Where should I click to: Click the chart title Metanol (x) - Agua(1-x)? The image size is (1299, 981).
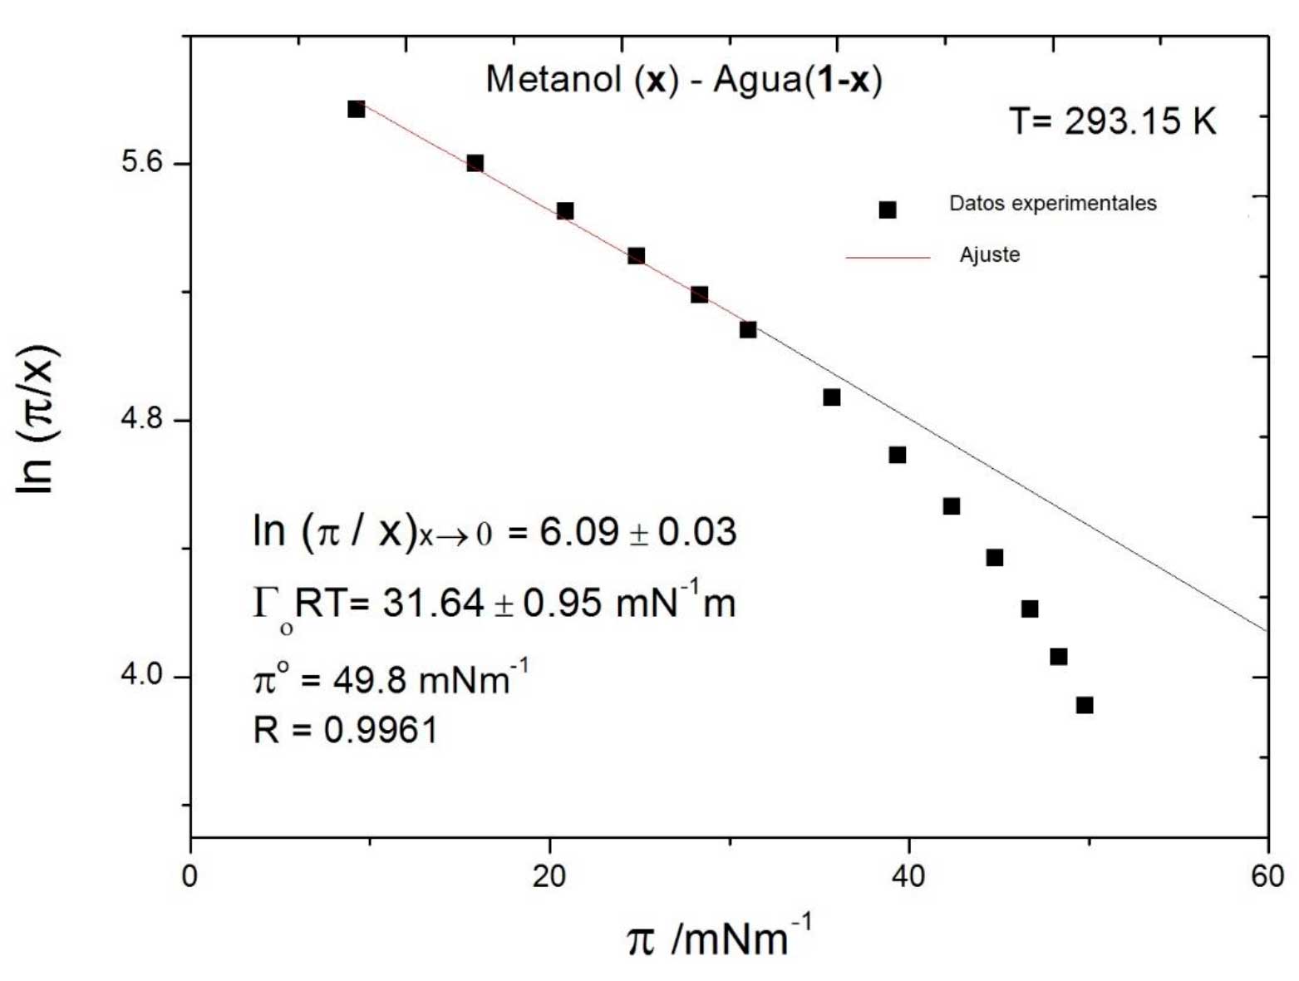click(683, 81)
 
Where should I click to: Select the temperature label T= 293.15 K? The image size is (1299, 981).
click(1113, 122)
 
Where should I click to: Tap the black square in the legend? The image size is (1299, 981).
click(888, 210)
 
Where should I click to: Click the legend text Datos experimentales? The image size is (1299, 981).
click(1052, 204)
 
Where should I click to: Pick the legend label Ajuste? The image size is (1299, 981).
click(989, 255)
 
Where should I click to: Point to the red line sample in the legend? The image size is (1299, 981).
click(888, 258)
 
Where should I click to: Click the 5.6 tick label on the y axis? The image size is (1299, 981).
click(142, 162)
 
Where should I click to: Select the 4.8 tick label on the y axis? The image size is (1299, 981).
click(142, 419)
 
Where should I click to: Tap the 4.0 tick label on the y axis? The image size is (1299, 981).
click(142, 676)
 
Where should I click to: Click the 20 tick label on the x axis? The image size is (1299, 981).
click(549, 876)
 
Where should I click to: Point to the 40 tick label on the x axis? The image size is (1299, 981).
click(908, 876)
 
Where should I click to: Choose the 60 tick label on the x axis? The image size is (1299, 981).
click(1267, 876)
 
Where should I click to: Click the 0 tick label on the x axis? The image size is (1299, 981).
click(190, 876)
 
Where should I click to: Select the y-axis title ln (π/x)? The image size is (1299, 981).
click(37, 419)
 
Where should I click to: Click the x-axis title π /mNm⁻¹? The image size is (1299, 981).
click(718, 938)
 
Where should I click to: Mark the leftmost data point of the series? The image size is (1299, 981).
click(357, 109)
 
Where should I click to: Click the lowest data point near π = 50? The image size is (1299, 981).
click(1084, 705)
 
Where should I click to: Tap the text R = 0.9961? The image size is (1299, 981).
click(345, 730)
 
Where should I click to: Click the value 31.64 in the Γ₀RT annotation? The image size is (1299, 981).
click(433, 602)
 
